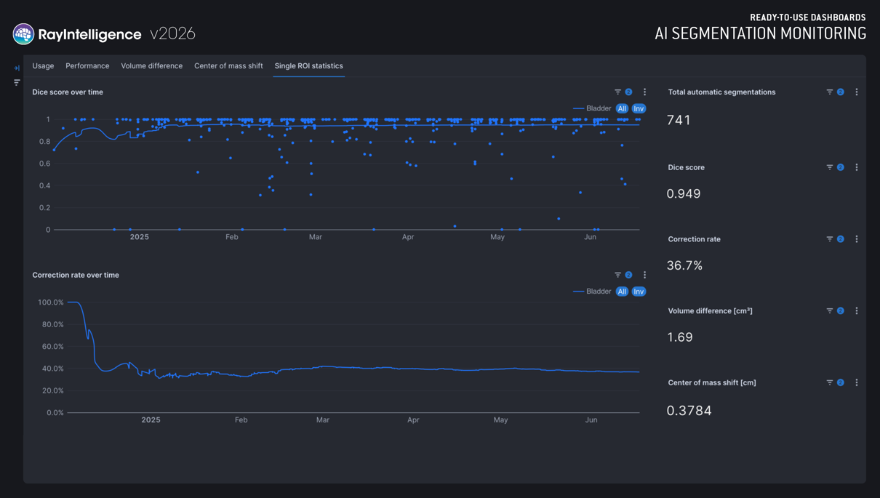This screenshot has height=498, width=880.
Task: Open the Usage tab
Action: (x=43, y=66)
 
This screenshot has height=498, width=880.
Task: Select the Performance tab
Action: (x=87, y=66)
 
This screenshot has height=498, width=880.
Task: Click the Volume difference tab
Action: (x=152, y=66)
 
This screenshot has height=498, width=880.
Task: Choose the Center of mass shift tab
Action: (x=228, y=66)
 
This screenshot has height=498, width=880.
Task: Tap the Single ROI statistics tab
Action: (x=308, y=66)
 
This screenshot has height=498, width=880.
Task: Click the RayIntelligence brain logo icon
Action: (x=23, y=34)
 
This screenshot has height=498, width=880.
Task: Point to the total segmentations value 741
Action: (x=679, y=120)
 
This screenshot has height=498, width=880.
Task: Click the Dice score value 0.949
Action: (x=684, y=193)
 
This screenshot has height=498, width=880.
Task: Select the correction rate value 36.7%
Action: (x=684, y=265)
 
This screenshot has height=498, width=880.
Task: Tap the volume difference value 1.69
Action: (x=680, y=337)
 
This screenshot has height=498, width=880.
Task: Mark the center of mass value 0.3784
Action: (x=689, y=411)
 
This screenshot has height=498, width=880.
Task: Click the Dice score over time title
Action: (x=68, y=92)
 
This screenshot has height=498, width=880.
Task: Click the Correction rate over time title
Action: (x=76, y=276)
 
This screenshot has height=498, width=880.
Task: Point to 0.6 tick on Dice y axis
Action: (x=45, y=164)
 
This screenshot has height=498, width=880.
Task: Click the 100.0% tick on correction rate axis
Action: (x=51, y=302)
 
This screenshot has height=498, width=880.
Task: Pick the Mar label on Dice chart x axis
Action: (x=316, y=237)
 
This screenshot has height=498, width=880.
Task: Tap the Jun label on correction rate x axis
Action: (x=591, y=419)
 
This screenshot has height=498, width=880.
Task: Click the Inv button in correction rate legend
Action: (x=639, y=292)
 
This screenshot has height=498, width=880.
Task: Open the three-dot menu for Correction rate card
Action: (x=857, y=239)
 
